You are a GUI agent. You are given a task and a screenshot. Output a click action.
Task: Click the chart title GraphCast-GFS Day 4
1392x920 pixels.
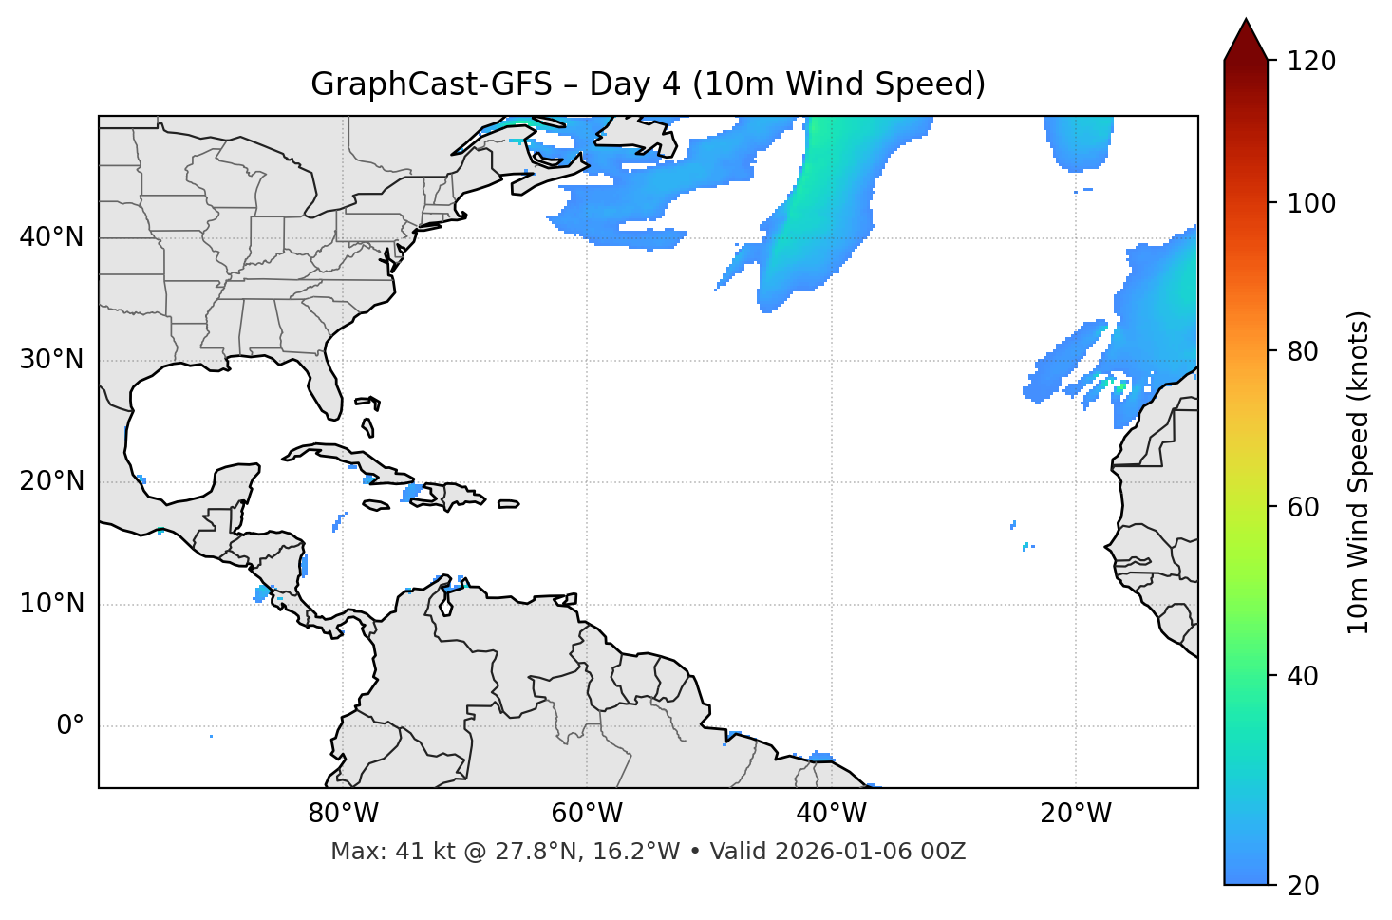coord(648,84)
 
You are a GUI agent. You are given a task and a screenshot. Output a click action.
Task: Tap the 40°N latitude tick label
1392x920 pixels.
coord(51,237)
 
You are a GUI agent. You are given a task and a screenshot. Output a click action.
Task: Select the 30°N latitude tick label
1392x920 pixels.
coord(51,360)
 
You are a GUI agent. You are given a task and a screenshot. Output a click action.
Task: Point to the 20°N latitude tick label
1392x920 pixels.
coord(51,481)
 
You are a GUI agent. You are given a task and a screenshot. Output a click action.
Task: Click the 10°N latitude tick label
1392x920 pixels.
coord(51,604)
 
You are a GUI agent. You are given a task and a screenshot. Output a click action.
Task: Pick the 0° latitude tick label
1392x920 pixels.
coord(70,726)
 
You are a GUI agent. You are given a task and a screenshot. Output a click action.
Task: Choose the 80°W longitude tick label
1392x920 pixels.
coord(343,814)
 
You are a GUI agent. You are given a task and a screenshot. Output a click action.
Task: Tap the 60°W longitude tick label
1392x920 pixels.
coord(587,814)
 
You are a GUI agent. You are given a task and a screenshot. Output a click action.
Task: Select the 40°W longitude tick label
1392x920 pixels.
coord(831,814)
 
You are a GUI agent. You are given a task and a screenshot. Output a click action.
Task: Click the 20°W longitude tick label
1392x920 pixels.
coord(1075,814)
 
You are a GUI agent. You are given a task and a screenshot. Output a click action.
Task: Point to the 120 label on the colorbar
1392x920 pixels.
coord(1310,62)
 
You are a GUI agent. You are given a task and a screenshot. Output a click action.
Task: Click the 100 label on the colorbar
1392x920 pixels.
coord(1310,203)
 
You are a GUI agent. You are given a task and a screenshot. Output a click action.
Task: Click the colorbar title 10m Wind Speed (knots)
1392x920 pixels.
coord(1359,472)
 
